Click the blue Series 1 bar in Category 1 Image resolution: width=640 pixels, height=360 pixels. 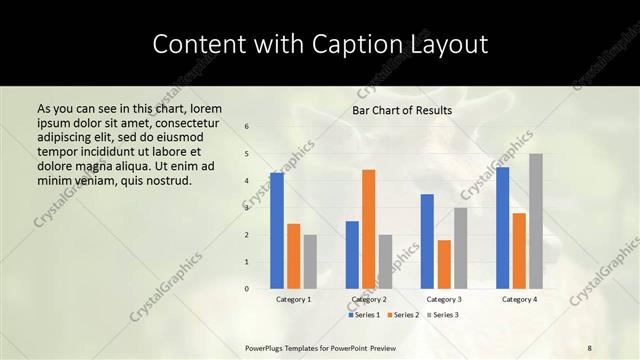click(277, 231)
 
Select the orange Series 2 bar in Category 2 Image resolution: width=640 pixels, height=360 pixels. click(369, 229)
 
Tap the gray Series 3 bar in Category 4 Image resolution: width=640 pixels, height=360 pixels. click(536, 221)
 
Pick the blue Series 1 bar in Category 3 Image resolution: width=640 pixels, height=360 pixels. click(427, 241)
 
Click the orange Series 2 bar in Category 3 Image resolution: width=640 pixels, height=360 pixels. click(444, 264)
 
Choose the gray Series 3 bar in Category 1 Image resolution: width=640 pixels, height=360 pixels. click(310, 262)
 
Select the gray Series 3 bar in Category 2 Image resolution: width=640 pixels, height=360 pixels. click(386, 262)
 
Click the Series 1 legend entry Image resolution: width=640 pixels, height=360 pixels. click(365, 315)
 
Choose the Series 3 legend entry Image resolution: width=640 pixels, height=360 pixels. click(444, 315)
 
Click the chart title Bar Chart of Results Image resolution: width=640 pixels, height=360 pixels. click(402, 110)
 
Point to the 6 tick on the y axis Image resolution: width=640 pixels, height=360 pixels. click(247, 126)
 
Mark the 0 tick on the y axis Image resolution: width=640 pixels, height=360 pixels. click(247, 289)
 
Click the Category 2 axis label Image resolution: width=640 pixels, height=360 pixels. click(369, 299)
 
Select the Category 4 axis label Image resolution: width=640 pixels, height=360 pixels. click(519, 299)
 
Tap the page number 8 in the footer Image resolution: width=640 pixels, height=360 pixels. click(590, 346)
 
